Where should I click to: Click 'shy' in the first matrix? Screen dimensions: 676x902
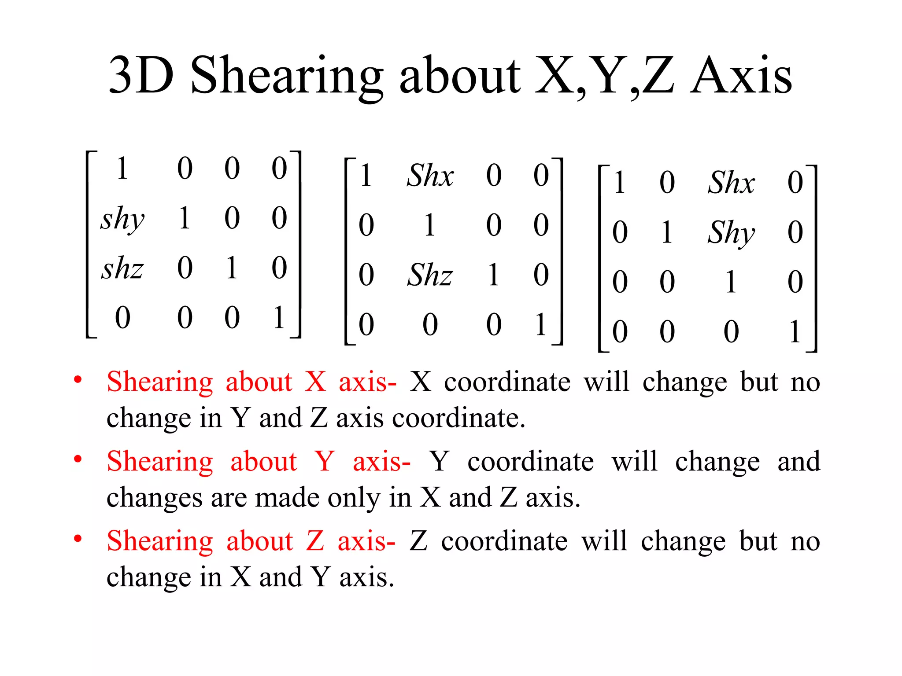(122, 219)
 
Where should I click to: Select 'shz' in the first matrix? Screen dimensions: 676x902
(122, 268)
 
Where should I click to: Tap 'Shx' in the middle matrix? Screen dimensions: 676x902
(430, 176)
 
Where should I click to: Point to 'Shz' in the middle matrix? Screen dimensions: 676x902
(430, 275)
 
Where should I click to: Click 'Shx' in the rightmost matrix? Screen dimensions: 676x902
(731, 182)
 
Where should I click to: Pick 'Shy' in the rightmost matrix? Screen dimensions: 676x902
(731, 233)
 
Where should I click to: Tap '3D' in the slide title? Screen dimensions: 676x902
(141, 76)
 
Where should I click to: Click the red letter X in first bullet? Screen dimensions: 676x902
(315, 381)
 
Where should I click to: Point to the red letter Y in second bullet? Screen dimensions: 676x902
(325, 461)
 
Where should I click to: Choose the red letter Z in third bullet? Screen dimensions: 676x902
(315, 541)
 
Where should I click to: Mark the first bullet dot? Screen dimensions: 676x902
(78, 379)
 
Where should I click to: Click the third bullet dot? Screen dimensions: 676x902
(78, 539)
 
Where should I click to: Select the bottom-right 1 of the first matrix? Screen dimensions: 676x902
(278, 317)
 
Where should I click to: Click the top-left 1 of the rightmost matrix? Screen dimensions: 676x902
(620, 182)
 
